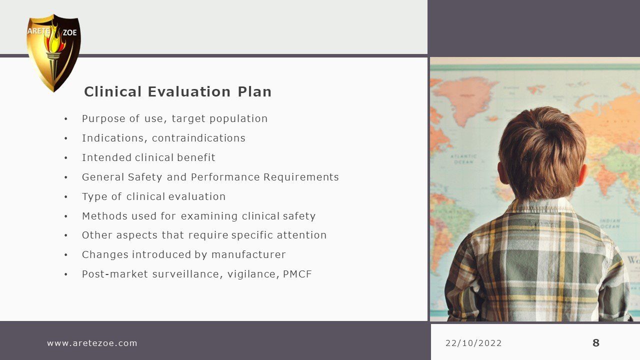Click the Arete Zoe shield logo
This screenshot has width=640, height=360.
[53, 53]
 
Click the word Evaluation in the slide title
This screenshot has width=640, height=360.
[189, 91]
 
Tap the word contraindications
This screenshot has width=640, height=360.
[198, 138]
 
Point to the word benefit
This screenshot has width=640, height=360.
[196, 157]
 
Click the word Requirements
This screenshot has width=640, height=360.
[301, 177]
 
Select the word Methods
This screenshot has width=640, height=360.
[104, 216]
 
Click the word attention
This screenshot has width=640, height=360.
[301, 235]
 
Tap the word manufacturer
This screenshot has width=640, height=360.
[248, 254]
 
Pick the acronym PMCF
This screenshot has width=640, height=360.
[297, 274]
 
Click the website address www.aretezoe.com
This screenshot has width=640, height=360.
[92, 343]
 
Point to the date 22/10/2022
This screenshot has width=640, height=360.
[473, 343]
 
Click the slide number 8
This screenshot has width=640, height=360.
[596, 343]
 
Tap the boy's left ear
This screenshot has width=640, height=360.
[502, 173]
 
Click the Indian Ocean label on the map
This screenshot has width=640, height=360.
[609, 223]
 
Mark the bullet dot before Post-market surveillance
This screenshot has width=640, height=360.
[65, 274]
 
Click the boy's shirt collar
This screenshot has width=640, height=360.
[543, 210]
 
